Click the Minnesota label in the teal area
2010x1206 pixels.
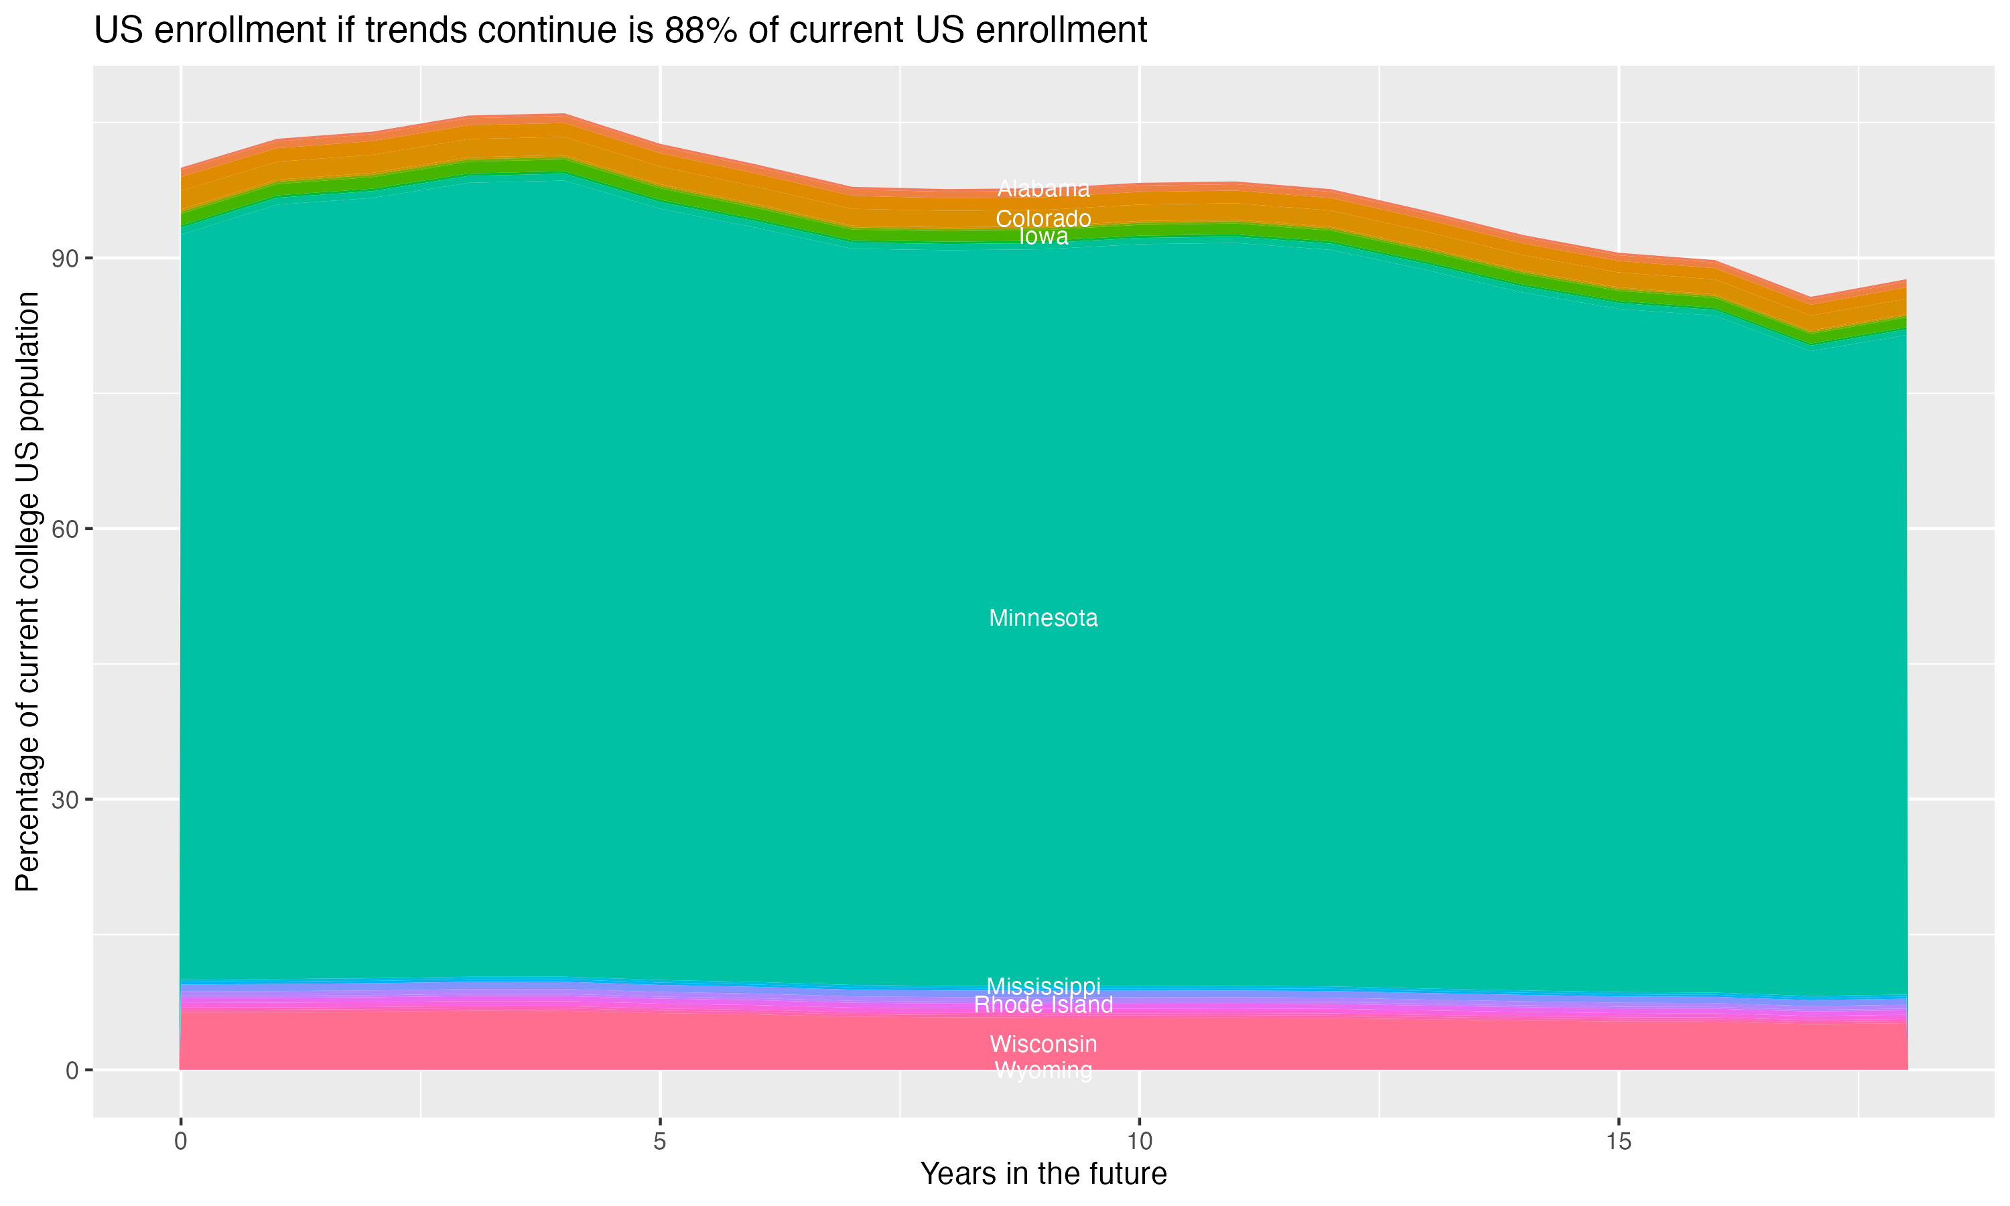click(1043, 618)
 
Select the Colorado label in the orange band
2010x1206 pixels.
click(1043, 218)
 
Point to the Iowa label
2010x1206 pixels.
click(1043, 237)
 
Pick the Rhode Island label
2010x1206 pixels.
click(1043, 1005)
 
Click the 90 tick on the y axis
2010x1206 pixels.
click(66, 259)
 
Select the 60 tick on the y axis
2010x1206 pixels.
click(66, 529)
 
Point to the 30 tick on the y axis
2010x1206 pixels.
click(66, 800)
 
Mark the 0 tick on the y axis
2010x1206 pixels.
click(72, 1070)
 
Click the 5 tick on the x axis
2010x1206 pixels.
click(660, 1142)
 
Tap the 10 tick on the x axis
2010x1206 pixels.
click(1139, 1142)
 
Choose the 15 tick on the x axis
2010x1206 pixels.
click(1619, 1142)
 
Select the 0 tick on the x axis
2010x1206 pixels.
click(180, 1142)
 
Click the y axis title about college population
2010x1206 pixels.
click(27, 591)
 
